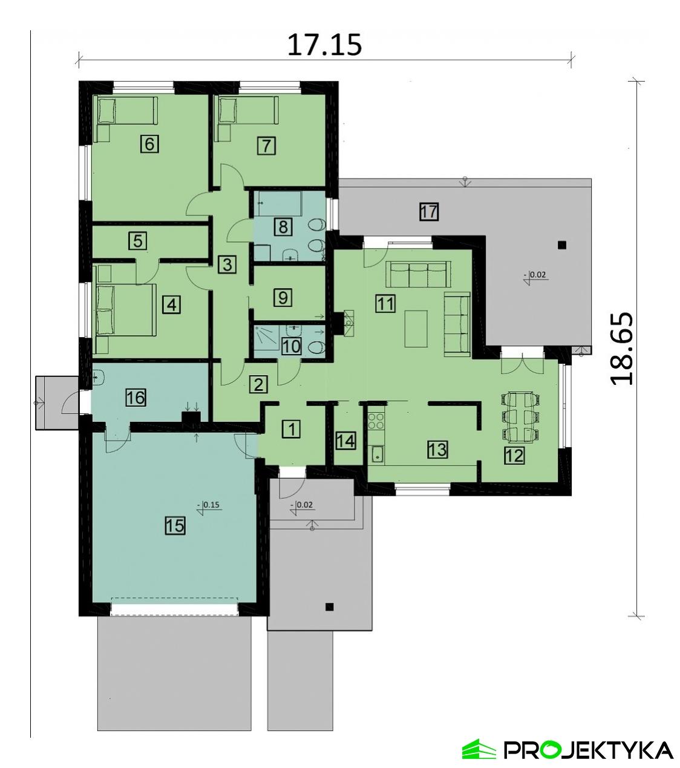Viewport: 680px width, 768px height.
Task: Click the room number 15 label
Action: pyautogui.click(x=175, y=525)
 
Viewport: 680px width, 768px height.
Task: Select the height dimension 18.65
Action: pyautogui.click(x=622, y=348)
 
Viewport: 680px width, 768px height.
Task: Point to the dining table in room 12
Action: pyautogui.click(x=519, y=416)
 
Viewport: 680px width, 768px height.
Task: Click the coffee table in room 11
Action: pyautogui.click(x=416, y=328)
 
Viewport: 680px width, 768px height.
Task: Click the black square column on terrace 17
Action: pyautogui.click(x=562, y=245)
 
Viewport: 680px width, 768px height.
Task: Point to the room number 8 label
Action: pyautogui.click(x=283, y=227)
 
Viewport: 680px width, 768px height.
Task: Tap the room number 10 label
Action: pyautogui.click(x=292, y=346)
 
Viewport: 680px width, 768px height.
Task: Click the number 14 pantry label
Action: pyautogui.click(x=345, y=440)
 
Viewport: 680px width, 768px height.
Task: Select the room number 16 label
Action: pyautogui.click(x=136, y=398)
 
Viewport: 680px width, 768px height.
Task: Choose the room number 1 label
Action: pyautogui.click(x=291, y=429)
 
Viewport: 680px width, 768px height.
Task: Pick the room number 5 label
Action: pyautogui.click(x=138, y=240)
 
